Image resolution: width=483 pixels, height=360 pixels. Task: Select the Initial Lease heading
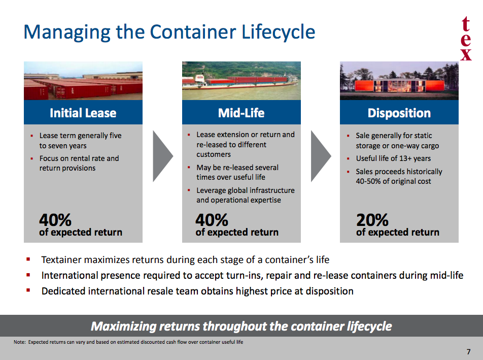click(x=83, y=113)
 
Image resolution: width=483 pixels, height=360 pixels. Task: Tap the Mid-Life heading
click(x=241, y=113)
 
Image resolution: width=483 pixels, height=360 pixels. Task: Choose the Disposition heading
click(x=399, y=113)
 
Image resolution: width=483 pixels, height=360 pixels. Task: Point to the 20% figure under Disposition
click(x=372, y=220)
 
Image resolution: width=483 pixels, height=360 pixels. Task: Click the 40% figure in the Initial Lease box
click(x=55, y=220)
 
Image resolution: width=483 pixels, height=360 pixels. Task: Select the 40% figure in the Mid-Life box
click(x=212, y=220)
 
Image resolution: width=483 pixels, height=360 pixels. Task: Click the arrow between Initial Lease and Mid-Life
click(x=163, y=156)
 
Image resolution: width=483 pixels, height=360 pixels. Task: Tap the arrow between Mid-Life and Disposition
click(x=321, y=156)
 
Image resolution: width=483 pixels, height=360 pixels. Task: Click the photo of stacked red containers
click(x=83, y=81)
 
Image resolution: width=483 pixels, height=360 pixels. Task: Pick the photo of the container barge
click(x=241, y=81)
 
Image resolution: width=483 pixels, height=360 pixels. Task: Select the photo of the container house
click(x=399, y=81)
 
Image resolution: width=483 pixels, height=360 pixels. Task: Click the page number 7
click(x=468, y=352)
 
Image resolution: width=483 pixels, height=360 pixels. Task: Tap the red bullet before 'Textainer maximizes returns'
click(x=28, y=259)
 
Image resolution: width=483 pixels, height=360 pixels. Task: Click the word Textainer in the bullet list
click(x=61, y=260)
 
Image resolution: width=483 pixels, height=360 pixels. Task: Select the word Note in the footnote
click(x=19, y=342)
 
